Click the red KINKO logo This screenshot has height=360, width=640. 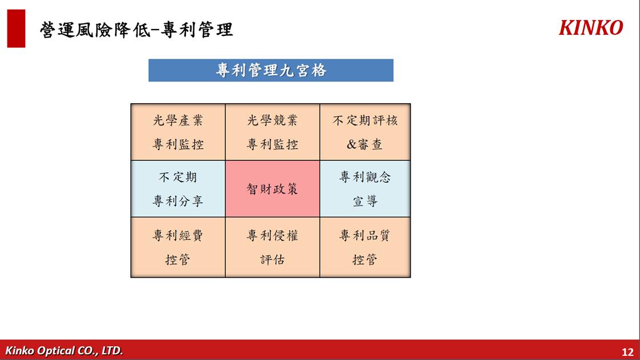590,28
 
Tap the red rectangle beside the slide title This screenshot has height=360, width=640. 17,29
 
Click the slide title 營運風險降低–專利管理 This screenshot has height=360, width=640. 136,30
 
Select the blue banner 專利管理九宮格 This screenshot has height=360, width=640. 271,70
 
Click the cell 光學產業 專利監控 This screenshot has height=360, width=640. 178,132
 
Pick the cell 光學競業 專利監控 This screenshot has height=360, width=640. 273,132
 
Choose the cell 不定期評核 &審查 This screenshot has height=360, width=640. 365,132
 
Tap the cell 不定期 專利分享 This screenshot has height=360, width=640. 178,189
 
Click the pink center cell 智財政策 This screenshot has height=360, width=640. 273,189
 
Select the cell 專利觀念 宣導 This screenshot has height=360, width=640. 365,189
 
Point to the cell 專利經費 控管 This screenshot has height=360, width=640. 178,247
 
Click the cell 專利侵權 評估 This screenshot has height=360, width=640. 273,247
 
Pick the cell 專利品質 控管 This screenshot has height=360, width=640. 365,247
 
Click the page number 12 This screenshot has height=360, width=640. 627,352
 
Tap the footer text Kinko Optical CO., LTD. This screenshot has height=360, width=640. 64,351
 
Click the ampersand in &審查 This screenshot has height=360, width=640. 351,144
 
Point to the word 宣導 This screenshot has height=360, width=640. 365,201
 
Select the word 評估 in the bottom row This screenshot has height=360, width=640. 273,259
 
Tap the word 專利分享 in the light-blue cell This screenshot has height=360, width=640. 178,201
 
